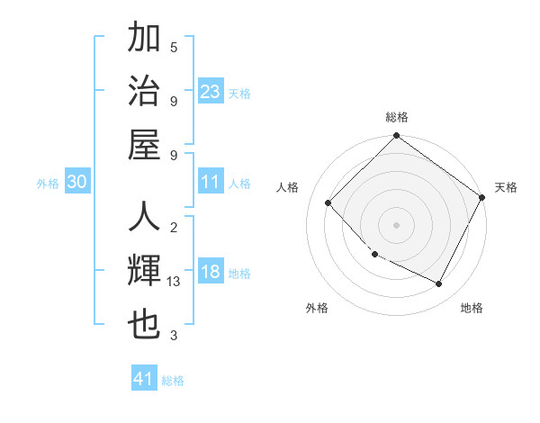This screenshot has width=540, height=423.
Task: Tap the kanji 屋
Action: (145, 144)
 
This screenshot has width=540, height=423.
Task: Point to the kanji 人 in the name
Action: (145, 219)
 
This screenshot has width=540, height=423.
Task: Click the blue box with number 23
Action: (211, 91)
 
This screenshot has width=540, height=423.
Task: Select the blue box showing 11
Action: (211, 182)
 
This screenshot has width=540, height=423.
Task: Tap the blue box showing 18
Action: (211, 273)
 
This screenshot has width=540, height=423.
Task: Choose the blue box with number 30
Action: (76, 182)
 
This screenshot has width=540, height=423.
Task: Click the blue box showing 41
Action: (144, 379)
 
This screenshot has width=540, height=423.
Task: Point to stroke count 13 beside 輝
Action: (174, 282)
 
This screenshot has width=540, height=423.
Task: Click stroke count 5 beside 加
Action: (174, 47)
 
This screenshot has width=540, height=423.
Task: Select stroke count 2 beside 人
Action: (174, 228)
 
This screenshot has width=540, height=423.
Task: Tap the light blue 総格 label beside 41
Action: (173, 381)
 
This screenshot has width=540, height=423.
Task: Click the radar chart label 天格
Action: (506, 187)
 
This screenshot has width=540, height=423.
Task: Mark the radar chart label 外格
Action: (316, 308)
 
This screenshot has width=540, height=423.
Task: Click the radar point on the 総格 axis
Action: (396, 137)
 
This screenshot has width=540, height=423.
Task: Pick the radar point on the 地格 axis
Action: (439, 284)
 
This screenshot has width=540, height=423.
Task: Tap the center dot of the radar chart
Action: (396, 224)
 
